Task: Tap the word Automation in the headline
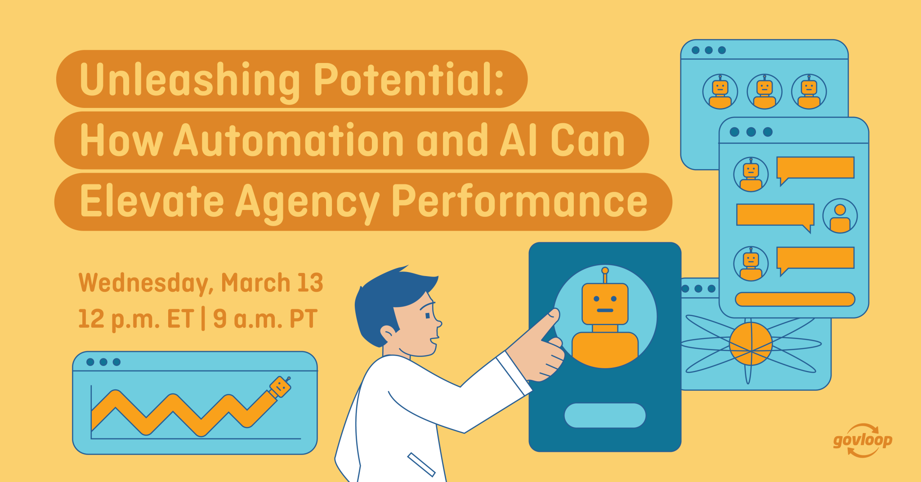tap(289, 141)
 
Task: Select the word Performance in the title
tap(519, 202)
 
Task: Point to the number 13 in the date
tap(310, 282)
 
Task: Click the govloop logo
tap(863, 440)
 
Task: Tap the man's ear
tap(387, 334)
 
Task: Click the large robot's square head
tap(605, 303)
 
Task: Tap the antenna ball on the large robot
tap(605, 270)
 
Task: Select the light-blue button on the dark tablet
tap(605, 415)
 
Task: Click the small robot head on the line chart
tap(280, 386)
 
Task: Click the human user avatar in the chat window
tap(840, 216)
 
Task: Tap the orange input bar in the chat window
tap(795, 299)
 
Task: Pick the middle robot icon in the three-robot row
tap(764, 92)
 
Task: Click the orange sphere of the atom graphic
tap(751, 344)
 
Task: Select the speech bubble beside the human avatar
tap(775, 216)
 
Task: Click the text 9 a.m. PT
tap(265, 319)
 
